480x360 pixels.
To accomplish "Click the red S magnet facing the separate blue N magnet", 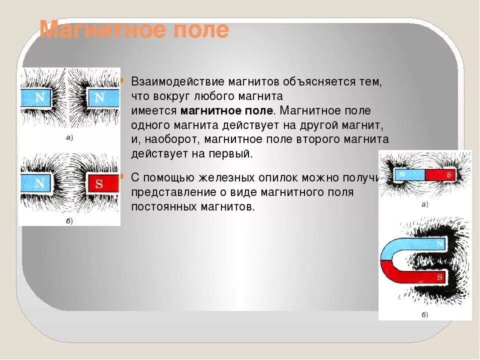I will tap(103, 183).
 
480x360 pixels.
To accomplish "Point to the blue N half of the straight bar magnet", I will tap(409, 175).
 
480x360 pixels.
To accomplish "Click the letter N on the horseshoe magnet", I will tap(439, 244).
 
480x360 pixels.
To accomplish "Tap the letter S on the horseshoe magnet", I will tap(439, 276).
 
